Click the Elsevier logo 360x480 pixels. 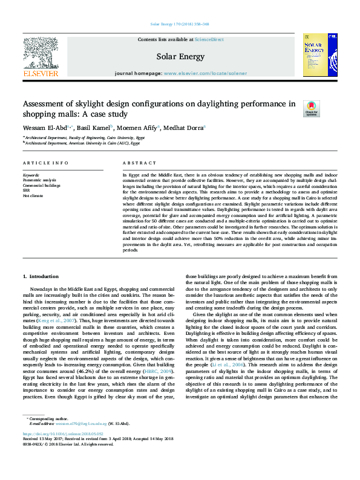pyautogui.click(x=41, y=58)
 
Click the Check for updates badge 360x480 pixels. pyautogui.click(x=311, y=109)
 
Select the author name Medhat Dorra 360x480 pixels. pyautogui.click(x=185, y=128)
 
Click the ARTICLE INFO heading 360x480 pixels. pyautogui.click(x=45, y=163)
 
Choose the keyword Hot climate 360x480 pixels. pyautogui.click(x=33, y=195)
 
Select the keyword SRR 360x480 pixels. pyautogui.click(x=27, y=190)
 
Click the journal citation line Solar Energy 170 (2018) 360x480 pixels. pyautogui.click(x=179, y=25)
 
